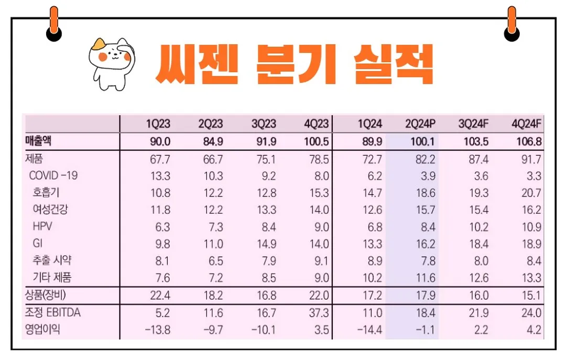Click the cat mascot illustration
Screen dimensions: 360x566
[112, 62]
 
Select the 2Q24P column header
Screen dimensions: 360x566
[420, 124]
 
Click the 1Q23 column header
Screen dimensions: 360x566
[158, 124]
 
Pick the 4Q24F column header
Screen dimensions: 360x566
[526, 124]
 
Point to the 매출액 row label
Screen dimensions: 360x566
[39, 141]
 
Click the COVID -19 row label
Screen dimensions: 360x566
[53, 176]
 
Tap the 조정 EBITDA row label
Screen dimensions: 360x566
[52, 313]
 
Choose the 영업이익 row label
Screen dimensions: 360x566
[42, 330]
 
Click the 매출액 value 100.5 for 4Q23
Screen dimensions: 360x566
[316, 141]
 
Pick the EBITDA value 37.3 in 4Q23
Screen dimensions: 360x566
[319, 313]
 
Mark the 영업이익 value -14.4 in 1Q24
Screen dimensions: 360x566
[369, 330]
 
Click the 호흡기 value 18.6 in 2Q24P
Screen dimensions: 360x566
[424, 193]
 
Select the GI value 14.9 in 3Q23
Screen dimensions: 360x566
[266, 244]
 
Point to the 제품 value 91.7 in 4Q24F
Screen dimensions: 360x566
[530, 159]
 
